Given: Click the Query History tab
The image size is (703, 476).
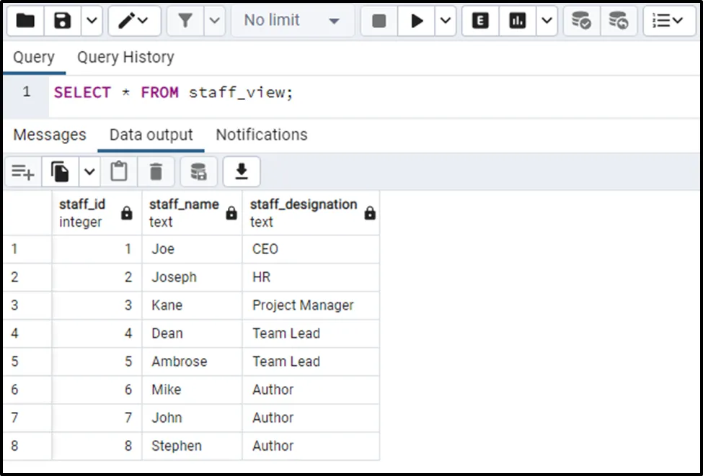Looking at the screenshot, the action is [125, 58].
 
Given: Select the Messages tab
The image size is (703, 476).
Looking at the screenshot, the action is [50, 135].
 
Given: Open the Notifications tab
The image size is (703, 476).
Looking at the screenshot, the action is [262, 135].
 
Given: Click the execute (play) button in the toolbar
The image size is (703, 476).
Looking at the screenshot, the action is [417, 21].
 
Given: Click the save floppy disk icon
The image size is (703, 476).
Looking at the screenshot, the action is [62, 21].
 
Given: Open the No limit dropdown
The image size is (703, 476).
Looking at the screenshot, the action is [292, 21].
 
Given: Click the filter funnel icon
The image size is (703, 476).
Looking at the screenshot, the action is [185, 21].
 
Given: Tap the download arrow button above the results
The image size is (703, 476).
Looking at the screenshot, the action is [242, 171].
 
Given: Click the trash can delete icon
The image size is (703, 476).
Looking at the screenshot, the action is [156, 171].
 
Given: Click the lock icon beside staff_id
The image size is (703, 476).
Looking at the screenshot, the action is [127, 213].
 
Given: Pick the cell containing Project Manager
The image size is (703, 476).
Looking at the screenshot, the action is [303, 305].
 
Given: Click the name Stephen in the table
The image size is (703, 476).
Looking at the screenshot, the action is [177, 446].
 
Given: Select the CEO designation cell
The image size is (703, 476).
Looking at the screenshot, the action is [265, 249].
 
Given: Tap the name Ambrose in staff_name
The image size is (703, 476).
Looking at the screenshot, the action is [180, 362].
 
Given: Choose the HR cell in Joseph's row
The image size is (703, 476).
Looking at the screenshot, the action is [262, 277].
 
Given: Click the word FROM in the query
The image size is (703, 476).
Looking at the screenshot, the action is [159, 93].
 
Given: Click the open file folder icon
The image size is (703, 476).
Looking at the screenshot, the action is [25, 21].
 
